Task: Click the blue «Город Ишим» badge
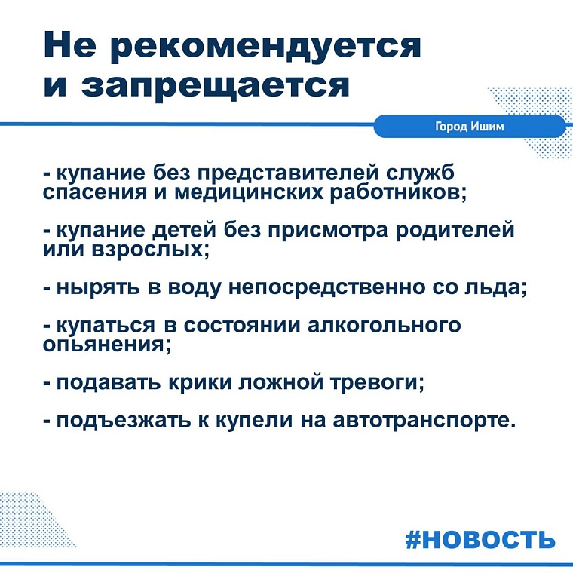click(x=470, y=127)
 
